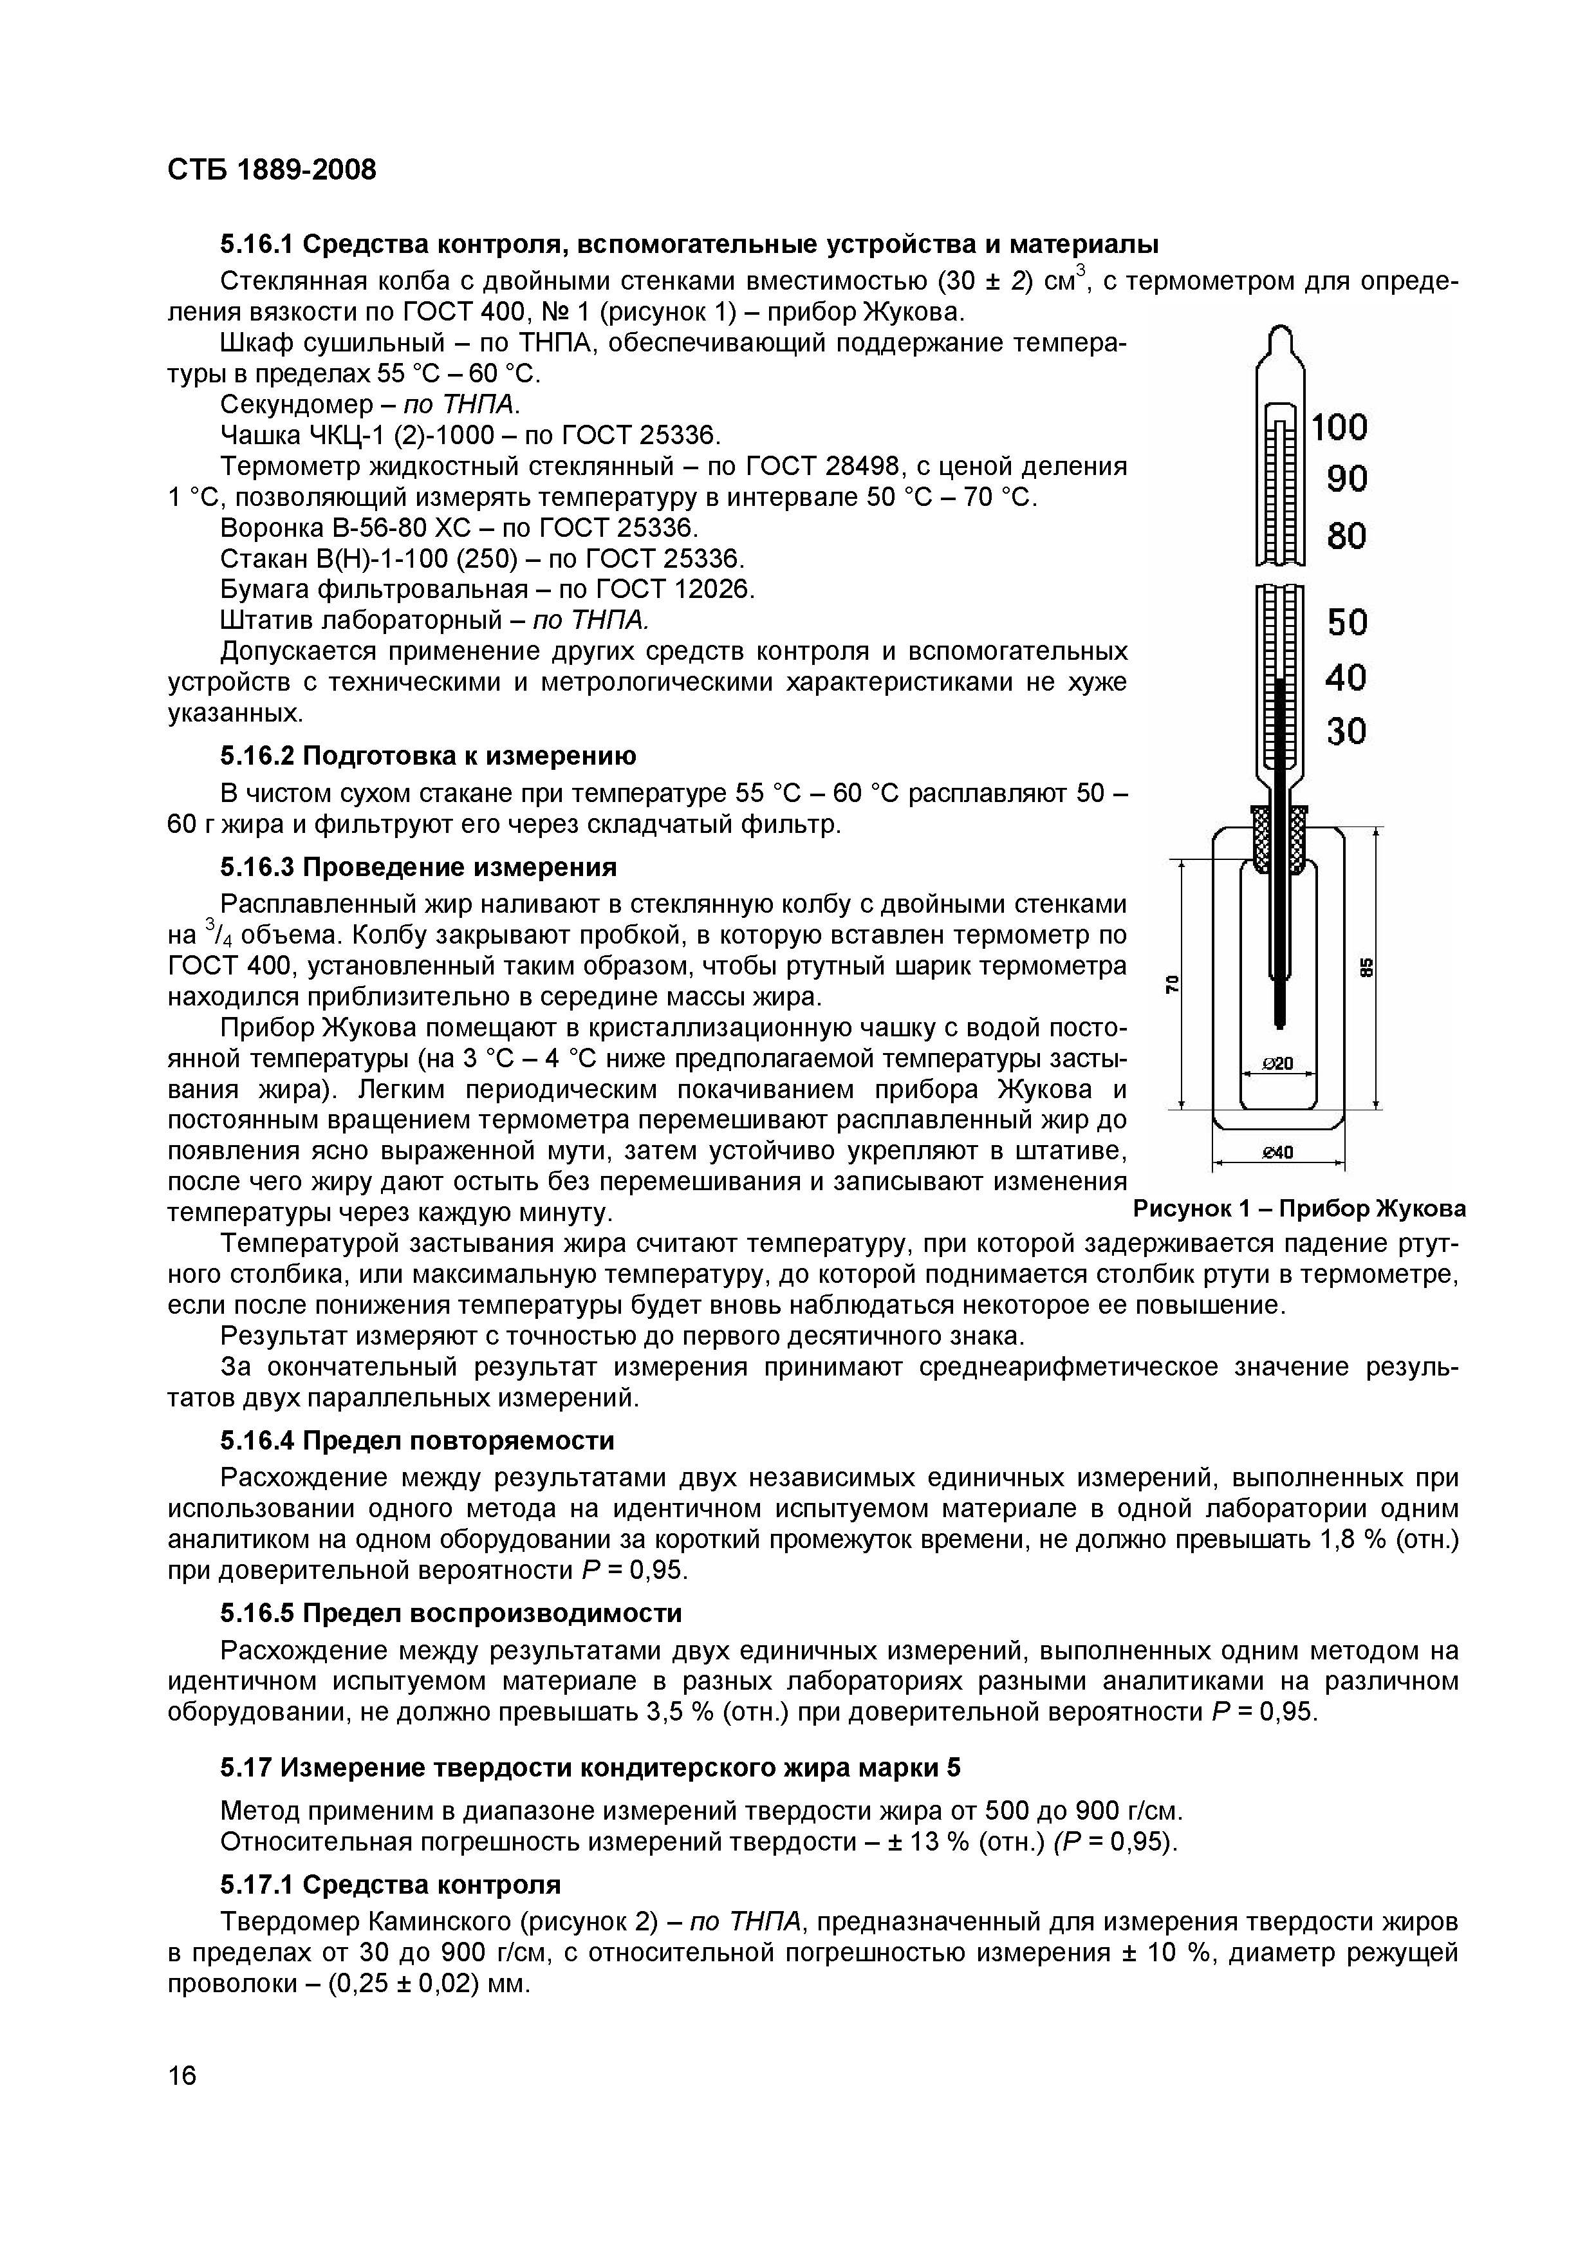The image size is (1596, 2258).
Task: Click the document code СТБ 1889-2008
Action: [x=272, y=170]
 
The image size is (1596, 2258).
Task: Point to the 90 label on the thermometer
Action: [x=1347, y=480]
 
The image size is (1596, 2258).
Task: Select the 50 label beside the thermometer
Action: [x=1347, y=622]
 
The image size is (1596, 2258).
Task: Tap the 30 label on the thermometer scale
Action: [x=1347, y=732]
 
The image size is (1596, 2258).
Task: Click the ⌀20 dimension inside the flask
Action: [x=1277, y=1063]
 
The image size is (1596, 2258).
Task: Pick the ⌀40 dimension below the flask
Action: [x=1277, y=1153]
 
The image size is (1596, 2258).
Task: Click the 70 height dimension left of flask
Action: [x=1172, y=984]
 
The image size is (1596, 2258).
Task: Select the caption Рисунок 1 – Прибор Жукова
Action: [x=1299, y=1209]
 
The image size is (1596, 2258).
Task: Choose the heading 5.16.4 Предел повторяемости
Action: [x=417, y=1441]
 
